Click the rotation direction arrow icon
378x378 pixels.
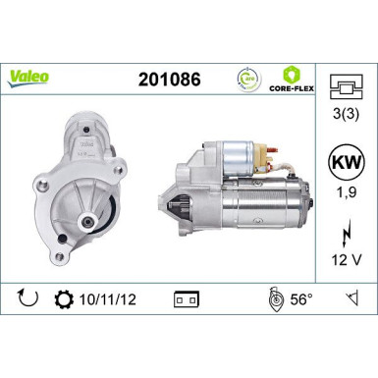28,296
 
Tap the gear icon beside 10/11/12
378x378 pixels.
67,296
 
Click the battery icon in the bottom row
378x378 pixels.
184,297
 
